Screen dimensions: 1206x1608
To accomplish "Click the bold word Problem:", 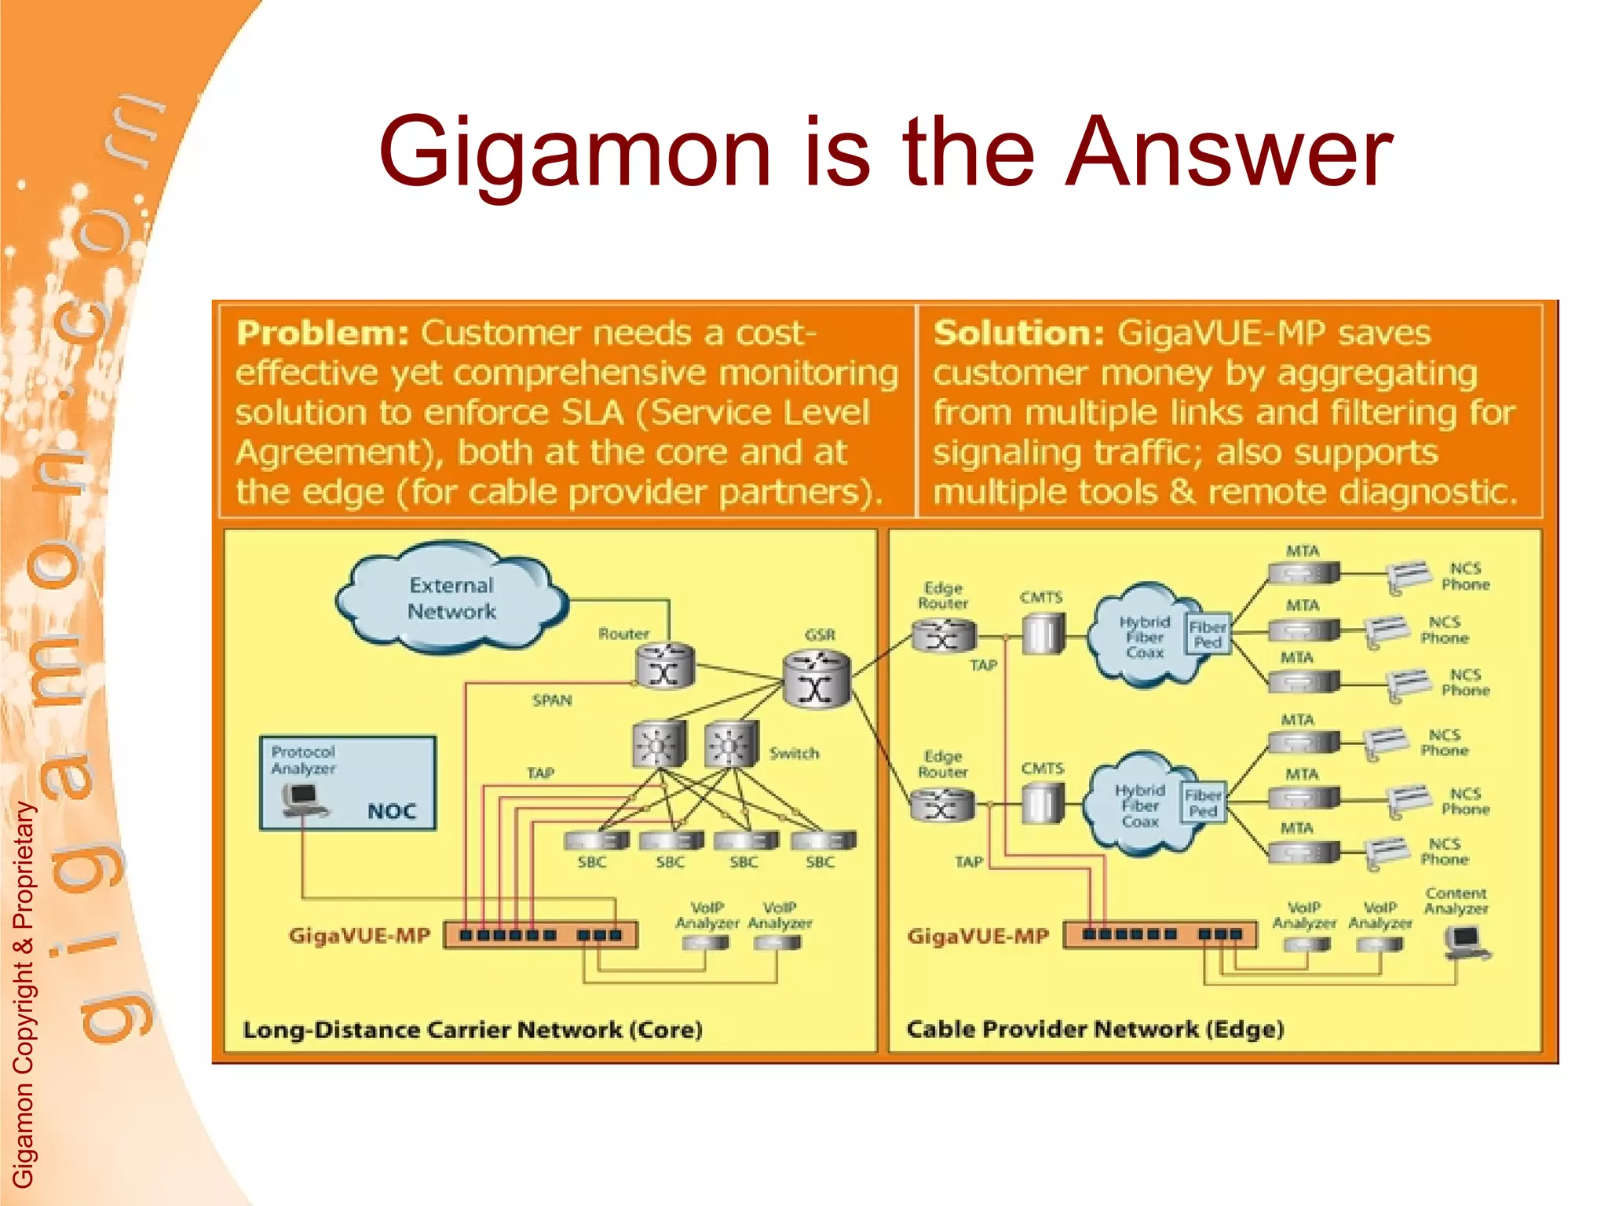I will pos(322,333).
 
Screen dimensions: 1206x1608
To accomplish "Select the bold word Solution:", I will pos(1018,333).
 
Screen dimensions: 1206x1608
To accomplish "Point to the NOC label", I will pos(391,811).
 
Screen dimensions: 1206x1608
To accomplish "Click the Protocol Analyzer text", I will pos(303,760).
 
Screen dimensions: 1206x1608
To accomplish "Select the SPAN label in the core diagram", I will pos(552,700).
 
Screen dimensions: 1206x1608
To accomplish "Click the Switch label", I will pos(794,753).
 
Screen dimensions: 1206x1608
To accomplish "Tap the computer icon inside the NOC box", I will pos(302,800).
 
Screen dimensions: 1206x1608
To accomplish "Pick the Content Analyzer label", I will pos(1456,901).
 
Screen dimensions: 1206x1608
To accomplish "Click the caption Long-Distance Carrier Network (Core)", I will pos(472,1029).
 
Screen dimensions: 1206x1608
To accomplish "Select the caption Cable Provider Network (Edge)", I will pos(1095,1029).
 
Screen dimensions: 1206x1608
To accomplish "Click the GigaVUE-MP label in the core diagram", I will pos(360,935).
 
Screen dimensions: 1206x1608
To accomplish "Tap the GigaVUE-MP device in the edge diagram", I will pos(1160,934).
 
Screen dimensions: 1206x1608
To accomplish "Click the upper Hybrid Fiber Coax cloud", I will pos(1144,636).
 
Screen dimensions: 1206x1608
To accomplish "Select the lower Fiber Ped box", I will pos(1203,803).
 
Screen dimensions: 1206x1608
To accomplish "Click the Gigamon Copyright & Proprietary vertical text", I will pos(24,993).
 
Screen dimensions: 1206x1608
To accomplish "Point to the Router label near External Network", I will pos(623,634).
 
